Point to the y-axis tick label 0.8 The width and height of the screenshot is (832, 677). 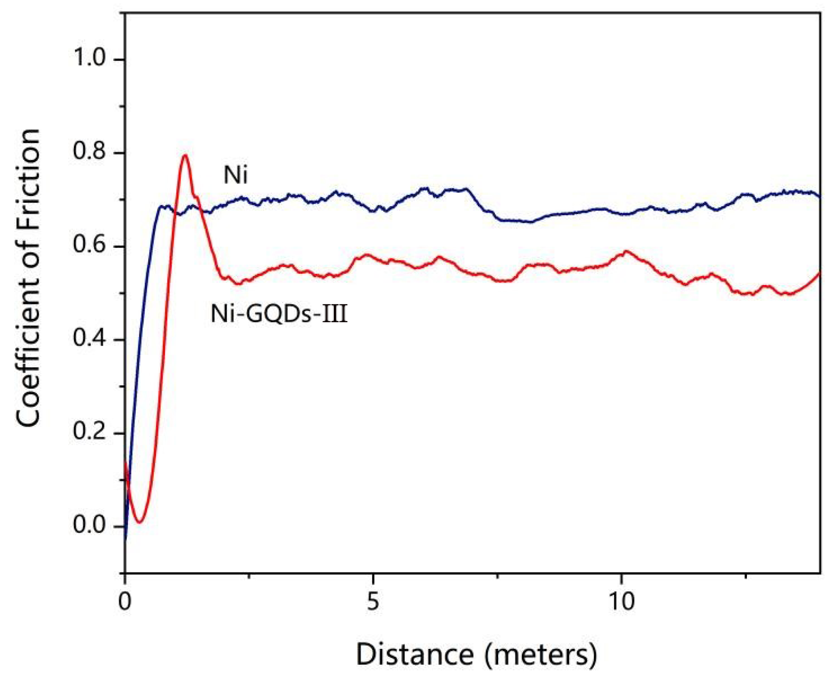pos(89,151)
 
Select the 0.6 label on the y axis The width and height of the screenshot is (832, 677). pos(89,245)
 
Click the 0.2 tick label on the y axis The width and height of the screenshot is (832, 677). pos(89,432)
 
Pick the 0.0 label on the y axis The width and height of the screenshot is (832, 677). pos(89,525)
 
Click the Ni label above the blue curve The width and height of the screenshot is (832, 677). pos(235,175)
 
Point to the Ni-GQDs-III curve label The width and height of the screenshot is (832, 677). pos(279,314)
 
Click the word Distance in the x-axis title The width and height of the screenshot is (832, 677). pos(414,654)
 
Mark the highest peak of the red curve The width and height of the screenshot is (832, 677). pos(185,155)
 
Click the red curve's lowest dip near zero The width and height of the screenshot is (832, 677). pos(139,522)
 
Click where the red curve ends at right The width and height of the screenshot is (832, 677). pos(819,273)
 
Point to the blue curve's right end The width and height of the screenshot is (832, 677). pos(819,197)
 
